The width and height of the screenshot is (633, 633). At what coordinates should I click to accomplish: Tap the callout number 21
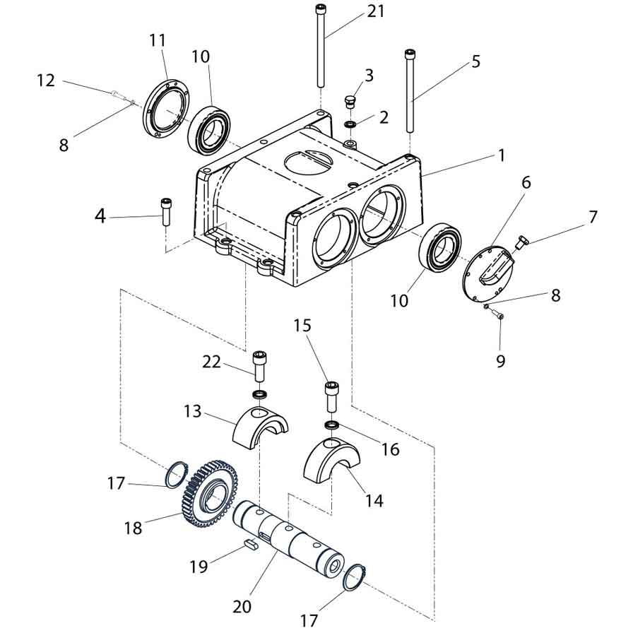point(376,11)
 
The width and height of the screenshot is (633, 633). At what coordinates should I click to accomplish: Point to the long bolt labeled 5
point(410,91)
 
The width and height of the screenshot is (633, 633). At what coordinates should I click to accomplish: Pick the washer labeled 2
point(350,124)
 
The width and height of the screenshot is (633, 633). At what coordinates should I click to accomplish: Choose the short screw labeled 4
point(166,211)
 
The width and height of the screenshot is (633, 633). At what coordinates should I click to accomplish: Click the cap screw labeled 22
point(259,366)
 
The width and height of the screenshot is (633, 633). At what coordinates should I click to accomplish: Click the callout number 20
point(242,607)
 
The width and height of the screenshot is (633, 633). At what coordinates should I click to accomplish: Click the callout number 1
point(501,155)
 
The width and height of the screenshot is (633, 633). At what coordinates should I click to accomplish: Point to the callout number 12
point(46,81)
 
